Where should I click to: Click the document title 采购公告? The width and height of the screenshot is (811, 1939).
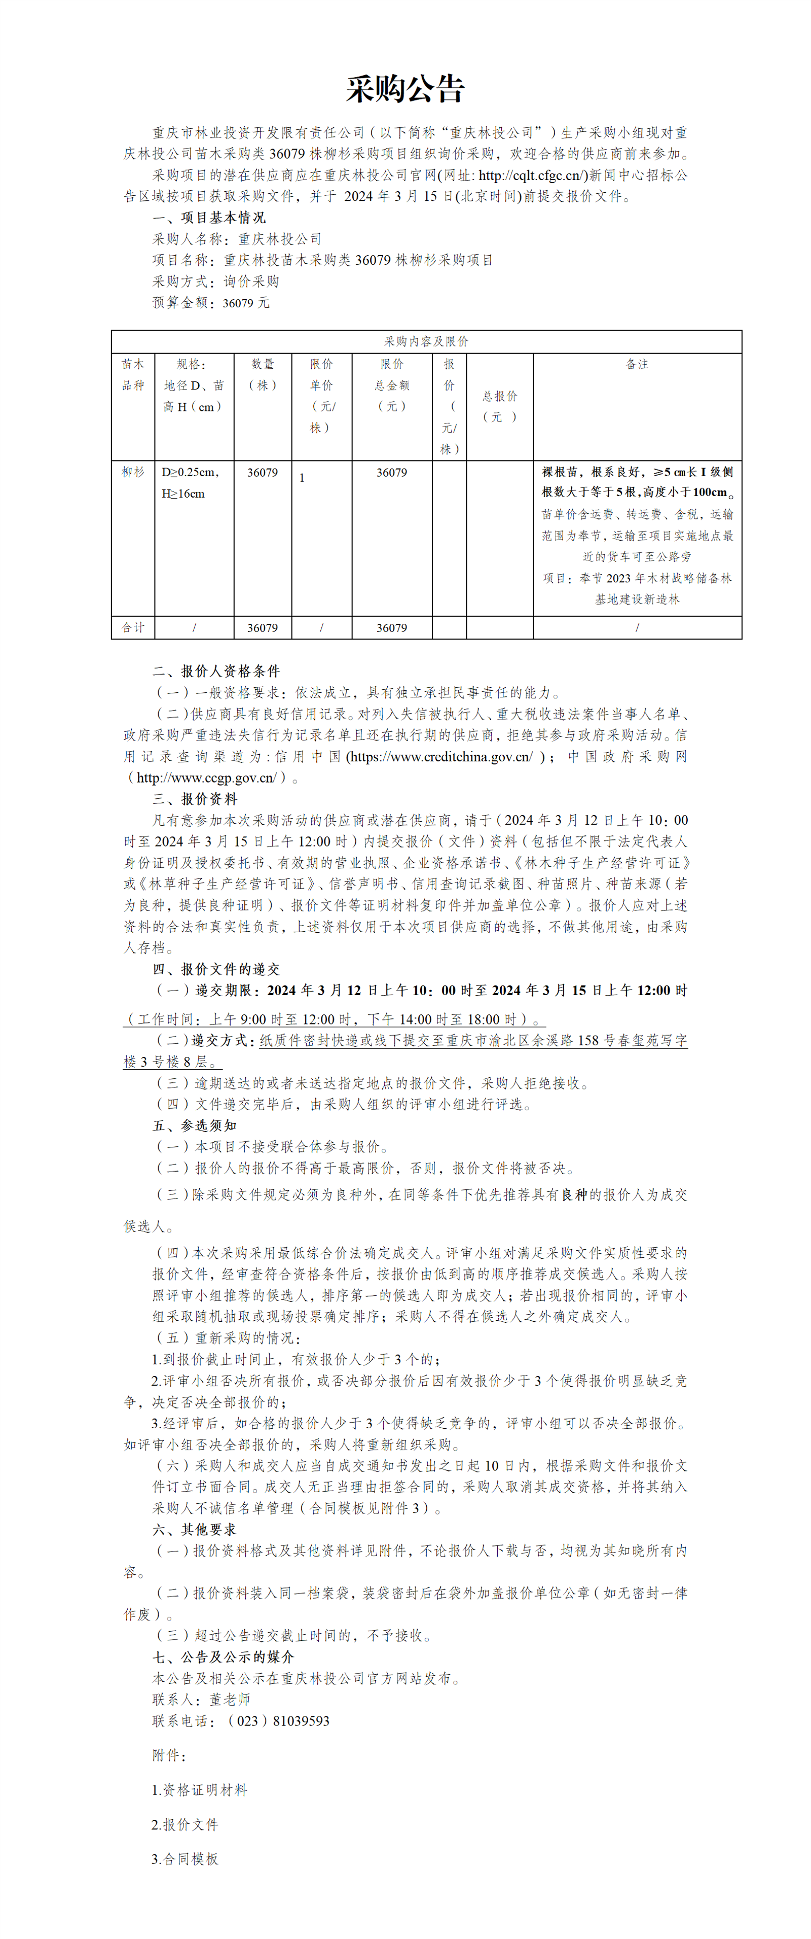[x=405, y=90]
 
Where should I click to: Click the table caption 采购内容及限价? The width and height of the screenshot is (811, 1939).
[x=426, y=341]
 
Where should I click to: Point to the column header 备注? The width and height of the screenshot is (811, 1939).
[x=637, y=364]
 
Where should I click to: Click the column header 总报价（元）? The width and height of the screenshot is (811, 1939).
[x=500, y=406]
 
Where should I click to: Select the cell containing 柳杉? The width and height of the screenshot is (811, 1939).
[x=133, y=472]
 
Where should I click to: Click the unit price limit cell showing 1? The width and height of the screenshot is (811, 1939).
[x=303, y=477]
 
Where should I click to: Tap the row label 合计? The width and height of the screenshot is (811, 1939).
[x=133, y=627]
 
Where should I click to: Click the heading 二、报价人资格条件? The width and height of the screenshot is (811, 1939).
[x=216, y=671]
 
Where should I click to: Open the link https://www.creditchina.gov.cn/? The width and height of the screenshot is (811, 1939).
[x=440, y=757]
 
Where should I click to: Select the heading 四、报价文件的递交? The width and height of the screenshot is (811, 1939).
[x=216, y=969]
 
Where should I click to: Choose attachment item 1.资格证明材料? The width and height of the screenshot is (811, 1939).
[x=199, y=1789]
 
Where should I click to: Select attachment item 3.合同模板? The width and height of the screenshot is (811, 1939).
[x=185, y=1858]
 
